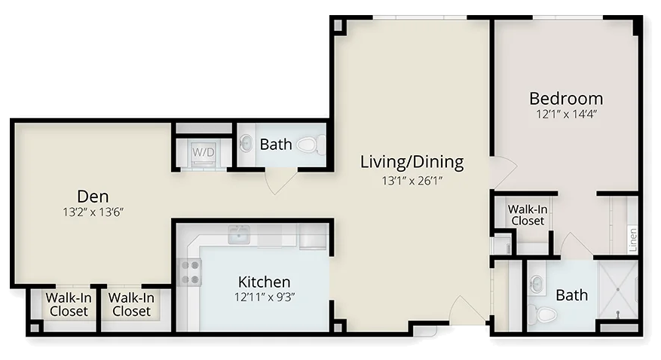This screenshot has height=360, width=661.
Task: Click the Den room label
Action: pos(93,197)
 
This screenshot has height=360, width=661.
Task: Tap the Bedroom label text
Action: pos(566,99)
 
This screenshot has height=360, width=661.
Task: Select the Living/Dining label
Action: pos(412,162)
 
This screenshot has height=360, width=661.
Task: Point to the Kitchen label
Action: pos(265,282)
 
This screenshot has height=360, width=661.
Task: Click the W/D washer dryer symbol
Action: pos(204,152)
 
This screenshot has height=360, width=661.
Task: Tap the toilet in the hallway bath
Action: pos(311,145)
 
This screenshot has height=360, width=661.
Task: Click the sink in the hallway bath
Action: pos(246,144)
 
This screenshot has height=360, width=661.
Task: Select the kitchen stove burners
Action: pos(190,272)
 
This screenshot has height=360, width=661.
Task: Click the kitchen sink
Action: pos(239,234)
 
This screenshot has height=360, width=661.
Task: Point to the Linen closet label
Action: pos(632,239)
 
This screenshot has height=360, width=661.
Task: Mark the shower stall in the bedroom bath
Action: pos(618,290)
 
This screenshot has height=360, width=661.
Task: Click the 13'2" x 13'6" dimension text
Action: pos(93,212)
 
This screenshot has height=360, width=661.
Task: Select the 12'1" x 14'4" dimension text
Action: pos(566,114)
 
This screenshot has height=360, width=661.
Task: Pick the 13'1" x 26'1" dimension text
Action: pos(412,181)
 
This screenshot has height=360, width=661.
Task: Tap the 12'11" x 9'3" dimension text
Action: pos(265,297)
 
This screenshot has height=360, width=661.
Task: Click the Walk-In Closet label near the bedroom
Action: pos(528,215)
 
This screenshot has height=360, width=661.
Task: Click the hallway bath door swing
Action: pos(281,181)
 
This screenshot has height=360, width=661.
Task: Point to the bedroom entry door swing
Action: pos(503,172)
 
